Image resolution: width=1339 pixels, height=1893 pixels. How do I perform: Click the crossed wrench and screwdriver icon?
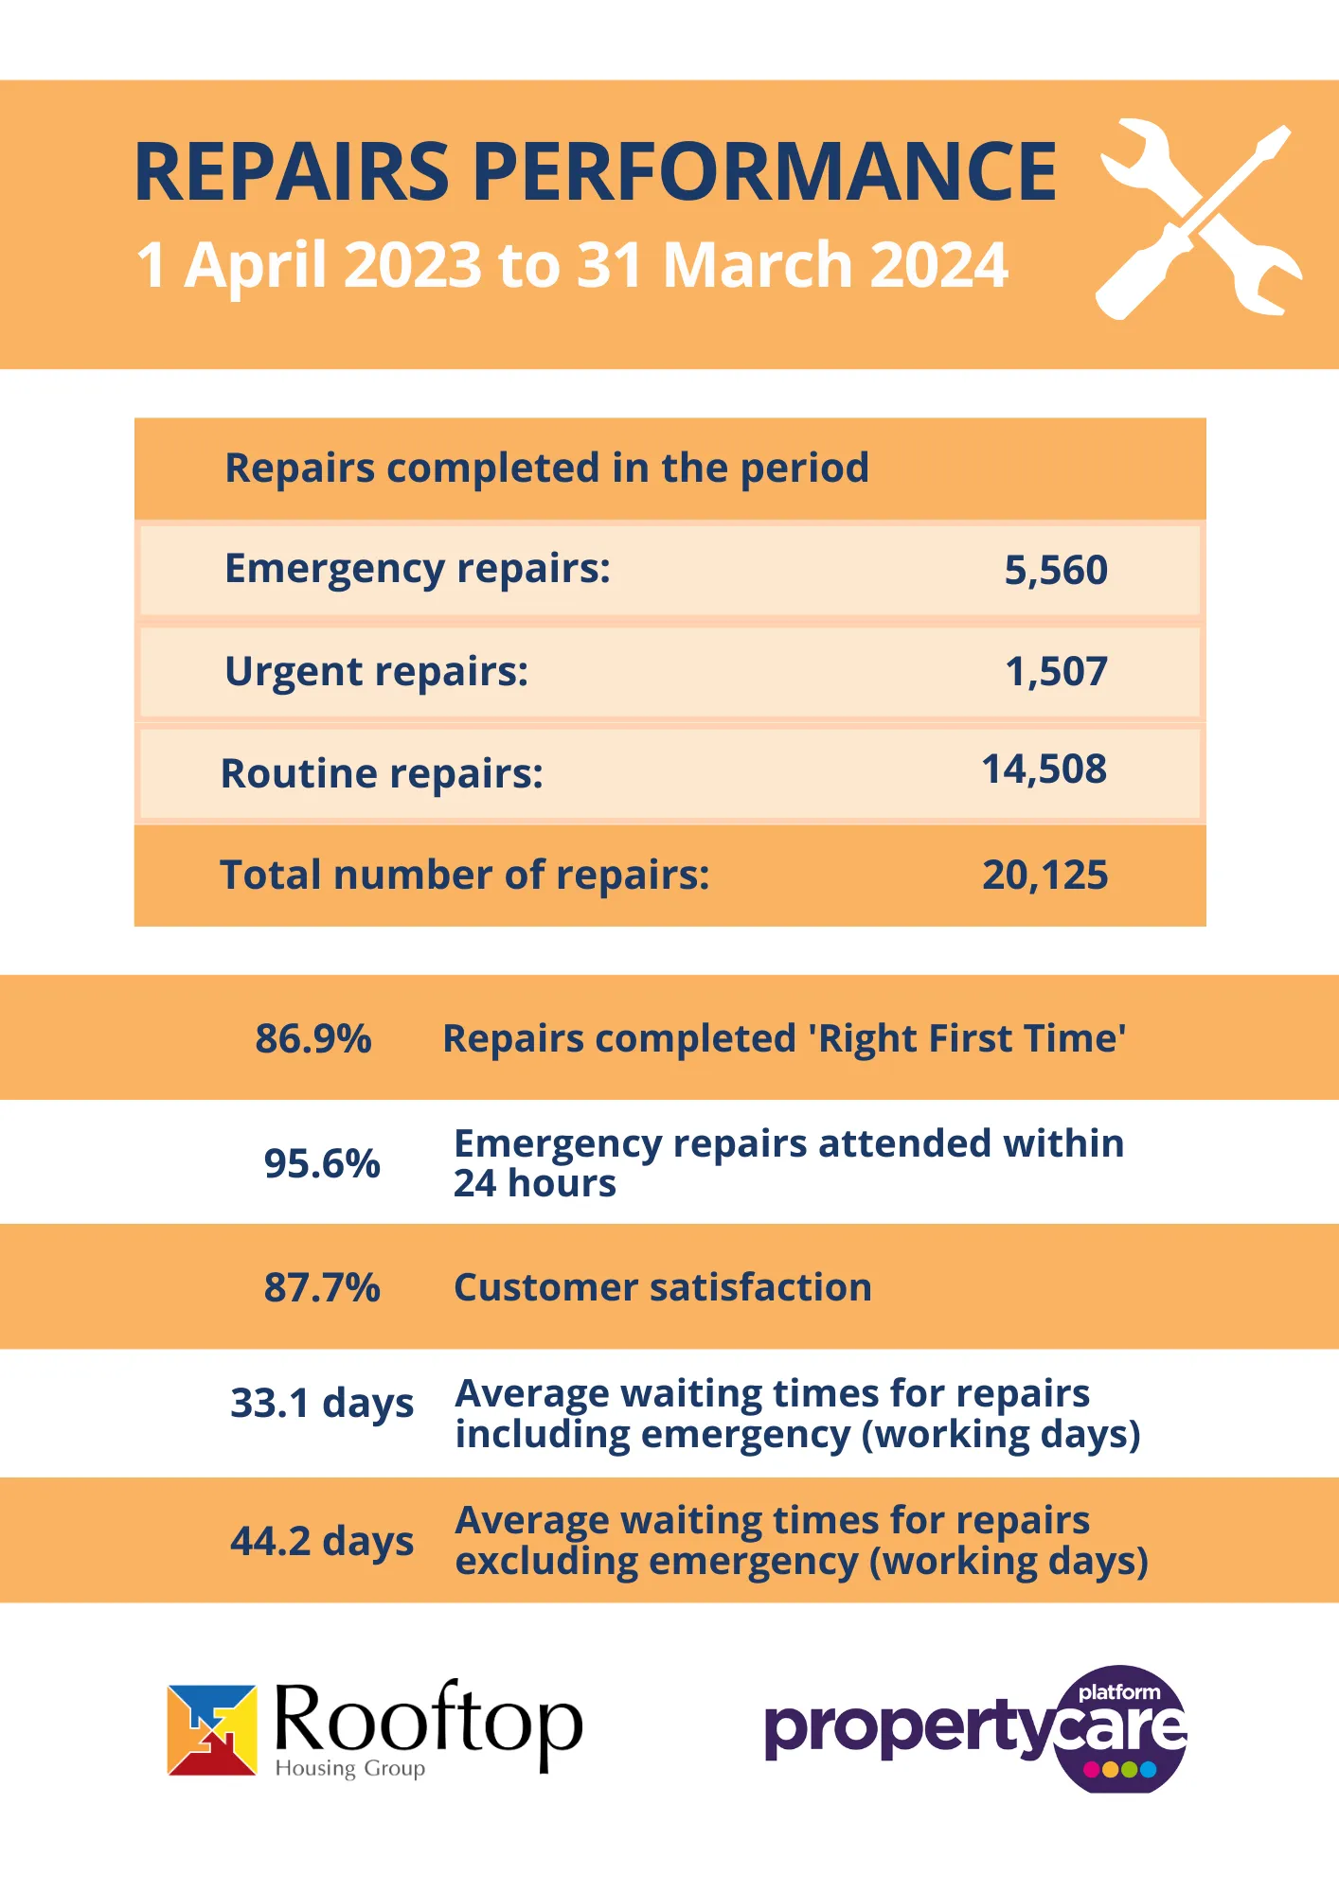pos(1198,219)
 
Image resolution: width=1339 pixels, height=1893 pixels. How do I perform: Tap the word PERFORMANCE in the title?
pos(763,172)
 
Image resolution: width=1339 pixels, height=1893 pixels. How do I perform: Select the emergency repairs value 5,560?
pos(1055,570)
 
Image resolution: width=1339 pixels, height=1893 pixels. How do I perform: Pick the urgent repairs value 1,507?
pos(1056,672)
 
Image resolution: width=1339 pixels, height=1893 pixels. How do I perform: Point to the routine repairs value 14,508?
pos(1044,770)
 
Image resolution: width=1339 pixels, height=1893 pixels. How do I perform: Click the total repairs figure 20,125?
pos(1044,876)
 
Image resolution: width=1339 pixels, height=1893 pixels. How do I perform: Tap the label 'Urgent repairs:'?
pos(376,672)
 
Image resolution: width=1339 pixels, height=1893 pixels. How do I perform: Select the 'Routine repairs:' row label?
pos(382,774)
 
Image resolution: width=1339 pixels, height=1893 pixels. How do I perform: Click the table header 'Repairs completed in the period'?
pos(546,469)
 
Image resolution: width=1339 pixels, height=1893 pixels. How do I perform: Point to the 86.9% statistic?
pos(313,1038)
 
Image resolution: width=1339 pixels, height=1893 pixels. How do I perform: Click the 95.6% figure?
pos(322,1163)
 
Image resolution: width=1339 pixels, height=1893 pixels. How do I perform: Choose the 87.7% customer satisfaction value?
pos(322,1287)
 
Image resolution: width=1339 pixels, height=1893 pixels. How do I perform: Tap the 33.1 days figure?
pos(322,1404)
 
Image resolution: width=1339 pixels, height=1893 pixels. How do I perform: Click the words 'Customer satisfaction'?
pos(662,1287)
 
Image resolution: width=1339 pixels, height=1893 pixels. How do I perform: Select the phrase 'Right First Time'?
pos(971,1038)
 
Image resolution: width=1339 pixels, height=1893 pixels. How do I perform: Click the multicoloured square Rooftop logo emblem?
pos(212,1729)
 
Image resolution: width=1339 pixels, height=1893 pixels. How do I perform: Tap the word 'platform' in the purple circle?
pos(1119,1692)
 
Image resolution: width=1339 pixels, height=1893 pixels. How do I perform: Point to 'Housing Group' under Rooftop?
pos(349,1768)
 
